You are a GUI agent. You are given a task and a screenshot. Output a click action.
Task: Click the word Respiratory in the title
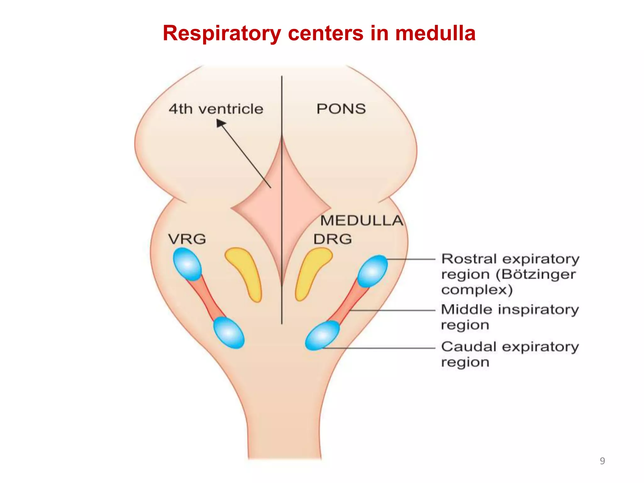pos(221,34)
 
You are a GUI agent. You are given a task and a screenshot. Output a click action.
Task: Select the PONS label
pos(341,109)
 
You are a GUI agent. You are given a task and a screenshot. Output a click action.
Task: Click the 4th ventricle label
pos(216,109)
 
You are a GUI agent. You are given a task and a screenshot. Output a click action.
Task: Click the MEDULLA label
pos(362,220)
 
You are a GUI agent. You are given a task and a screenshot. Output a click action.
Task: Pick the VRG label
pos(187,239)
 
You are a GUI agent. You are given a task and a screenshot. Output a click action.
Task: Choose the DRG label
pos(332,239)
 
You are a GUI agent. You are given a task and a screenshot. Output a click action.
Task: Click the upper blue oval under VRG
pos(187,264)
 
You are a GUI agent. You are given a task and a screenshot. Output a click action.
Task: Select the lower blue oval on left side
pos(229,333)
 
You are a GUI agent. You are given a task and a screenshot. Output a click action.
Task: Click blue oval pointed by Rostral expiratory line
pos(373,271)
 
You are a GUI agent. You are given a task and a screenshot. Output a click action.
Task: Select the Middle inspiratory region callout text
pos(509,317)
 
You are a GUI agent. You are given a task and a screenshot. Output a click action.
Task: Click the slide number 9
pos(602,461)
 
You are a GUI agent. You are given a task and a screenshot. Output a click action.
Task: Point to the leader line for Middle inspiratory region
pos(393,310)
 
